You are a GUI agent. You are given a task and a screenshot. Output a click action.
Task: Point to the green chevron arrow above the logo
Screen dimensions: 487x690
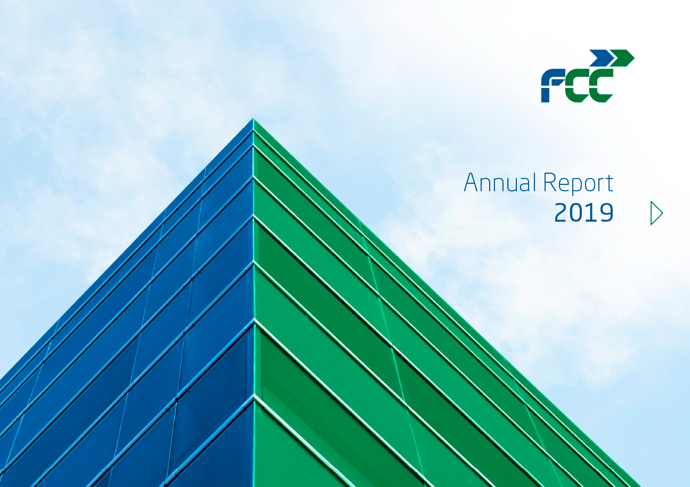622,58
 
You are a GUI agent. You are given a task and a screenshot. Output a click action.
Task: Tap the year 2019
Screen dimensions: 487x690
584,213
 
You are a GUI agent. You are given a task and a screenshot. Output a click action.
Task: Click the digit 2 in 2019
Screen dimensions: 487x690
561,213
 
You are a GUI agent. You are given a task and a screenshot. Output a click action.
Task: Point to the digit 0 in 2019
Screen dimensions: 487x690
577,213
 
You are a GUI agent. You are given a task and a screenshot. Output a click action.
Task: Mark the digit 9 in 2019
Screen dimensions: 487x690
606,213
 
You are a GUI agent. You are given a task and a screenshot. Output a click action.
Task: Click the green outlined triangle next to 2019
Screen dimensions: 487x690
656,213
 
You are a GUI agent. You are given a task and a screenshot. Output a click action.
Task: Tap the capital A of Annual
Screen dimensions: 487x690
470,183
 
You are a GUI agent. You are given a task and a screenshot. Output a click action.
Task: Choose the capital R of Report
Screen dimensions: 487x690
549,183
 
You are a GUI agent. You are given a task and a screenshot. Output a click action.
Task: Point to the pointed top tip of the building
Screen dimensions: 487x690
253,120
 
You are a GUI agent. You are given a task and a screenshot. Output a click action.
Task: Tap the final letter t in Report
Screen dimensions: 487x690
610,184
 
